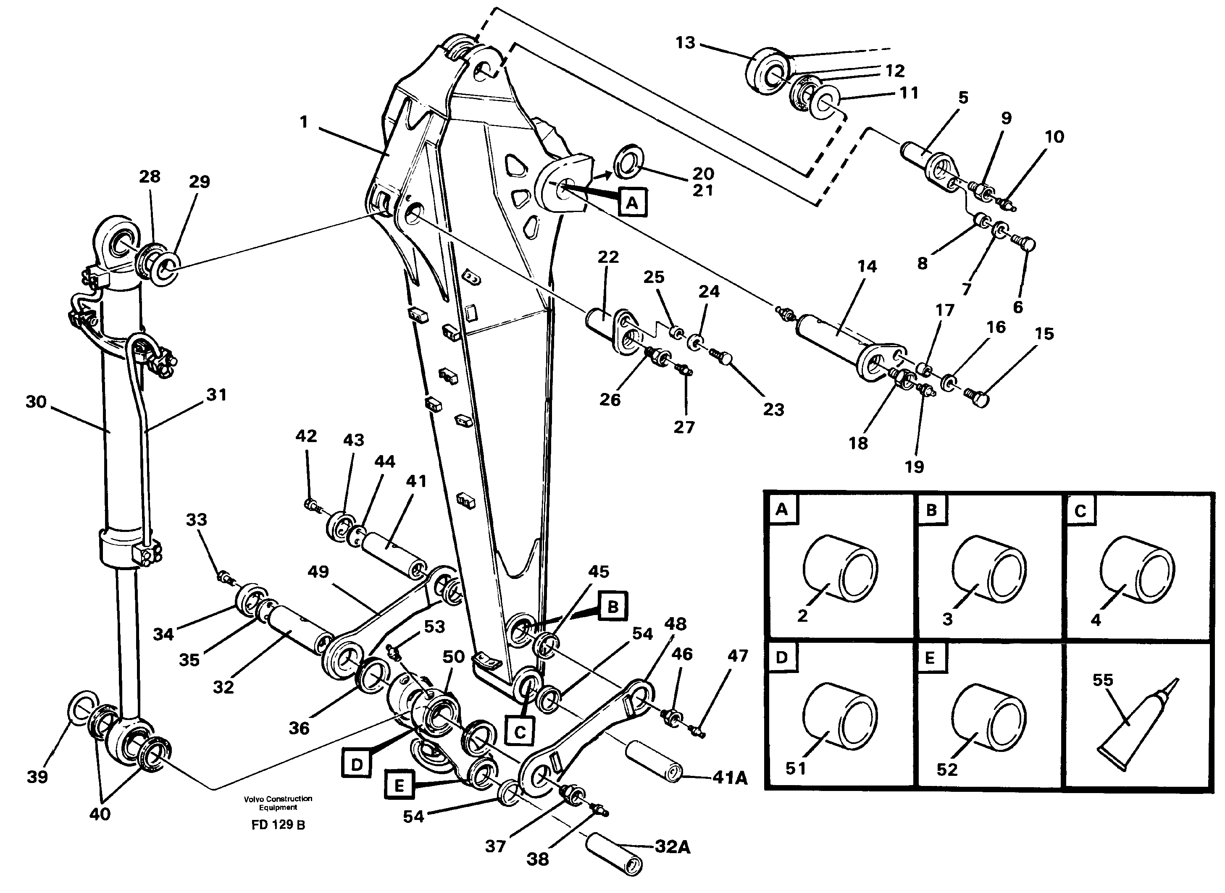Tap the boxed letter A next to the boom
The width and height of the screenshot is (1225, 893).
pos(632,203)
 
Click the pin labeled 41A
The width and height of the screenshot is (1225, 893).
pos(653,762)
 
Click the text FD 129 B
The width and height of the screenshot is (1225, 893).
pos(278,825)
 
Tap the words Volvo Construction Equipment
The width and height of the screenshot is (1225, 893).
pos(278,803)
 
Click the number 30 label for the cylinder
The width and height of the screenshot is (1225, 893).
pos(36,402)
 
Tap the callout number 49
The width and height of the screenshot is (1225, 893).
pos(318,572)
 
